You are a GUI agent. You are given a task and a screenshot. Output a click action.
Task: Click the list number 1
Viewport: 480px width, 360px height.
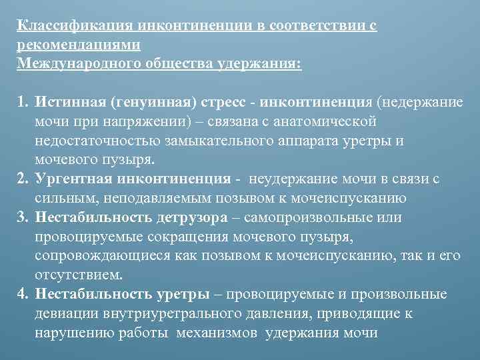click(22, 103)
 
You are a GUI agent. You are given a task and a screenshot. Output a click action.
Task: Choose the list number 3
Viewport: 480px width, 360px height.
click(22, 218)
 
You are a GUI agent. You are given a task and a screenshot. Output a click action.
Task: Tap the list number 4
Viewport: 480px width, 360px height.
click(22, 295)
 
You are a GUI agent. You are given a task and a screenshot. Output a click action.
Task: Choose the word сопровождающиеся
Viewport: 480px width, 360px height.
click(99, 256)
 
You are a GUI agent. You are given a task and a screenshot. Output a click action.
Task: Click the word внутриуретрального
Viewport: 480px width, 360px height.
click(169, 314)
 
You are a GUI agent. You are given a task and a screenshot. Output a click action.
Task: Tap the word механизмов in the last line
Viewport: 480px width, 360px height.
click(219, 333)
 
